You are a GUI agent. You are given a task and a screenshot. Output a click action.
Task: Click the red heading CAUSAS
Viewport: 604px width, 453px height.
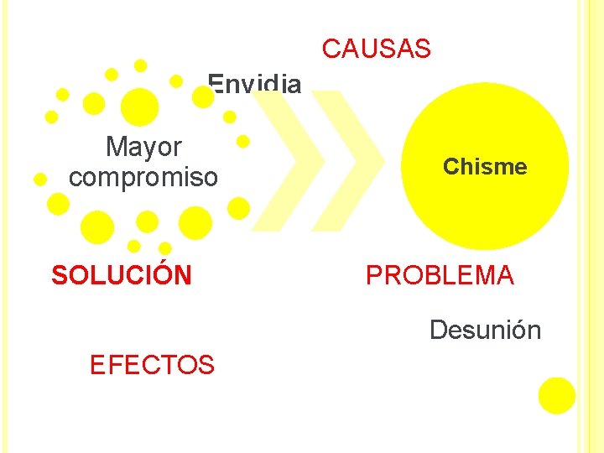376,49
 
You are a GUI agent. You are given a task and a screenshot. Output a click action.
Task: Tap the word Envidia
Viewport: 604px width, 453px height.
254,84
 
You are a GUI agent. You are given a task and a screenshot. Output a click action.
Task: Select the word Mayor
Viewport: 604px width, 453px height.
143,148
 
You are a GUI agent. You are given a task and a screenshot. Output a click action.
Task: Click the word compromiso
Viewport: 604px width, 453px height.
143,178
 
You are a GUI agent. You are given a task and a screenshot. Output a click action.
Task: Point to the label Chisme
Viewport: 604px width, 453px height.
485,167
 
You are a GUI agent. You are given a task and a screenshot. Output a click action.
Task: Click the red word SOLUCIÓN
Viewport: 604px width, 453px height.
122,275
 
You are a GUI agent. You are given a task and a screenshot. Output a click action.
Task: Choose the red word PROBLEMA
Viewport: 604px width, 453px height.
440,275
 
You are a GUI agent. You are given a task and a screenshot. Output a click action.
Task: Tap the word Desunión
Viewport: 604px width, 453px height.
485,330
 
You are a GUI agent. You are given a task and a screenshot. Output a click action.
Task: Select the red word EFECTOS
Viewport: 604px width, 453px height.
152,365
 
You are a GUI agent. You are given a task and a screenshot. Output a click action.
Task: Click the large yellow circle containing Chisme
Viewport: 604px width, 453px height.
485,210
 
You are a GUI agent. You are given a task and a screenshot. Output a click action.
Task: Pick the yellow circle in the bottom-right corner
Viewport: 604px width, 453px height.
557,395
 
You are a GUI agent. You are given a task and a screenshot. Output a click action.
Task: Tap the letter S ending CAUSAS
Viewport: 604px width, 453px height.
423,49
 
